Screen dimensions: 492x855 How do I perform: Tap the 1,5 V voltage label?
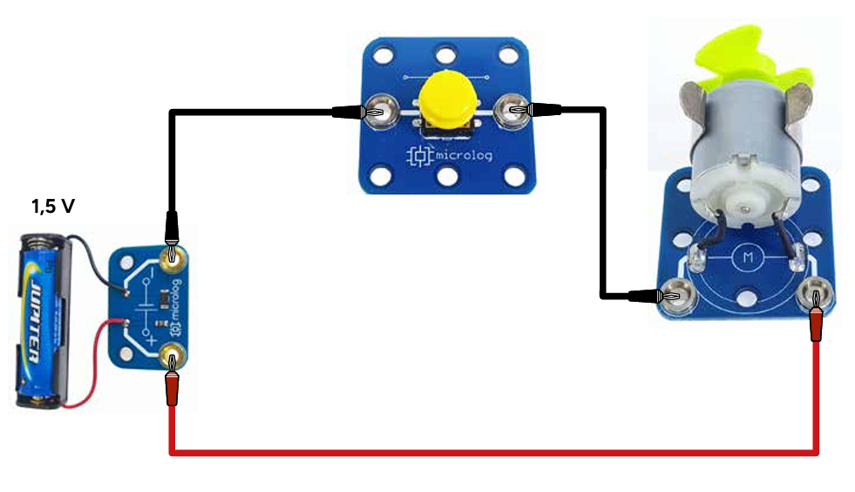coord(51,207)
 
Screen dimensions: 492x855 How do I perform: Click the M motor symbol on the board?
coord(746,257)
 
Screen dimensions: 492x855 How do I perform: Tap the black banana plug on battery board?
coord(173,228)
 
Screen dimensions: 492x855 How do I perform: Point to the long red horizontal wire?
coord(488,452)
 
